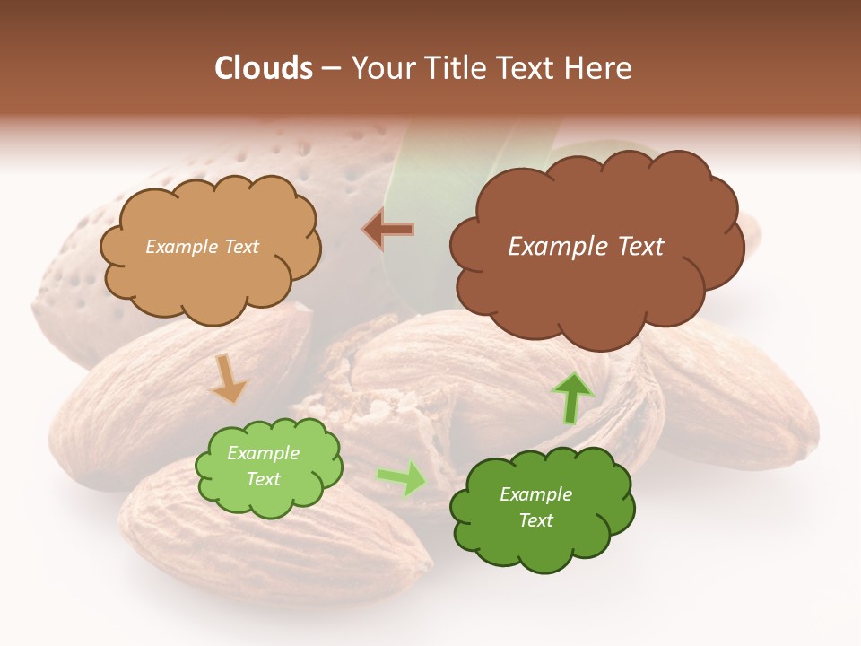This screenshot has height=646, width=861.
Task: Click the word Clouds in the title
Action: pyautogui.click(x=264, y=68)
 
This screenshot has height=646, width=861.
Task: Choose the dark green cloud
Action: pyautogui.click(x=542, y=538)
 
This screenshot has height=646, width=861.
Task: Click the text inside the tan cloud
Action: pyautogui.click(x=202, y=247)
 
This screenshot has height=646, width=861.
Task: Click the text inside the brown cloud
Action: pyautogui.click(x=586, y=247)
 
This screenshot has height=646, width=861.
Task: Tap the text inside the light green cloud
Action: pyautogui.click(x=264, y=466)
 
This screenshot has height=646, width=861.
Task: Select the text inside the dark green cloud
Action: pyautogui.click(x=535, y=507)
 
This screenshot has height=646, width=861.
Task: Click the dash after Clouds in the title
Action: pyautogui.click(x=329, y=68)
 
